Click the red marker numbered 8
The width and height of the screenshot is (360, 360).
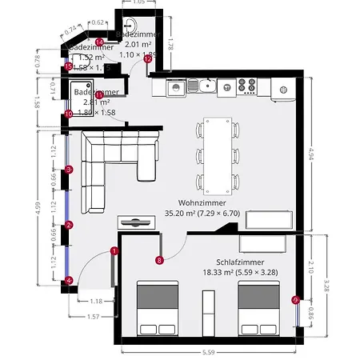[159, 259]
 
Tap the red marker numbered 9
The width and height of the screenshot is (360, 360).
[295, 300]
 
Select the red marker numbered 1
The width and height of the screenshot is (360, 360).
[114, 250]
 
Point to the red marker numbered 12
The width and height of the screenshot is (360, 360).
[147, 58]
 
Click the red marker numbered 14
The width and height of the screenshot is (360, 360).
[99, 42]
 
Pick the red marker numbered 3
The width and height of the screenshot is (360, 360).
[69, 169]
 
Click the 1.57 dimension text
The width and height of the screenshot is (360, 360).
[94, 317]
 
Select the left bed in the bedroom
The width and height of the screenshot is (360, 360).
[158, 308]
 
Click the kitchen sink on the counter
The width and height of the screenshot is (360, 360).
[206, 84]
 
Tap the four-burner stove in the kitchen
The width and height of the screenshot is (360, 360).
[246, 85]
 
